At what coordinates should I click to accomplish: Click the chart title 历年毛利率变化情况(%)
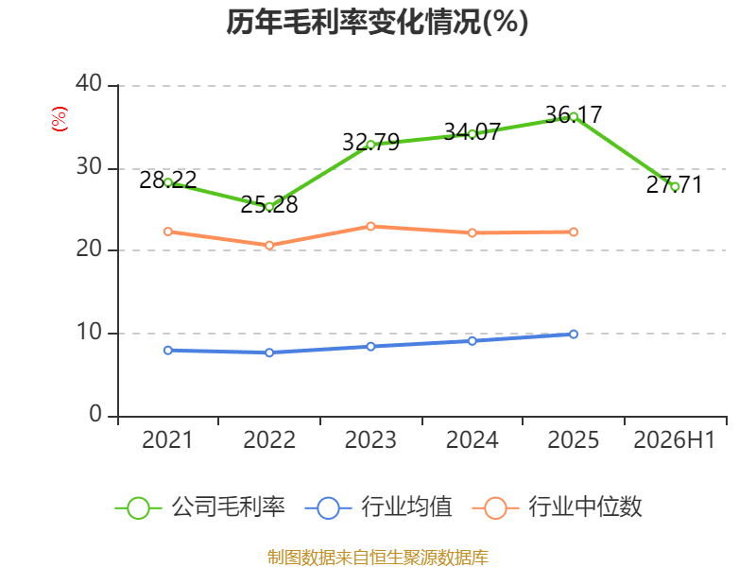(377, 22)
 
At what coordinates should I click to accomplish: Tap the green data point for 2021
(168, 182)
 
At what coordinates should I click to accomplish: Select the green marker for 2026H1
(675, 187)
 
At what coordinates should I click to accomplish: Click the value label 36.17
(574, 114)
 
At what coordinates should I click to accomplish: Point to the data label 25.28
(269, 205)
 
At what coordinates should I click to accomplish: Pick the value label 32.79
(370, 143)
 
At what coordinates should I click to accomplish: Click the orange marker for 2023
(370, 227)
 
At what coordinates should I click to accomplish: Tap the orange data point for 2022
(269, 246)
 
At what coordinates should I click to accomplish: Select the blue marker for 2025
(574, 335)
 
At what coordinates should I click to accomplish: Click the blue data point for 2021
(168, 351)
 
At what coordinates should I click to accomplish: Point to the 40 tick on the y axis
(89, 83)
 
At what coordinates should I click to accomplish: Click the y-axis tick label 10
(89, 333)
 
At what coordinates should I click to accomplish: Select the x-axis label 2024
(472, 440)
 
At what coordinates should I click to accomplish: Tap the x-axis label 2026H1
(674, 440)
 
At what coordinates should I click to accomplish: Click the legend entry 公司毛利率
(200, 507)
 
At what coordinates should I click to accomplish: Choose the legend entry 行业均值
(379, 507)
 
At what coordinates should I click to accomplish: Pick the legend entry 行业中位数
(557, 507)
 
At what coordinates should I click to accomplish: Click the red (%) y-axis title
(60, 119)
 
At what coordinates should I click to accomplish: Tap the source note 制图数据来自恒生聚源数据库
(377, 558)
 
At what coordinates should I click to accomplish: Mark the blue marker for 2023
(370, 347)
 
